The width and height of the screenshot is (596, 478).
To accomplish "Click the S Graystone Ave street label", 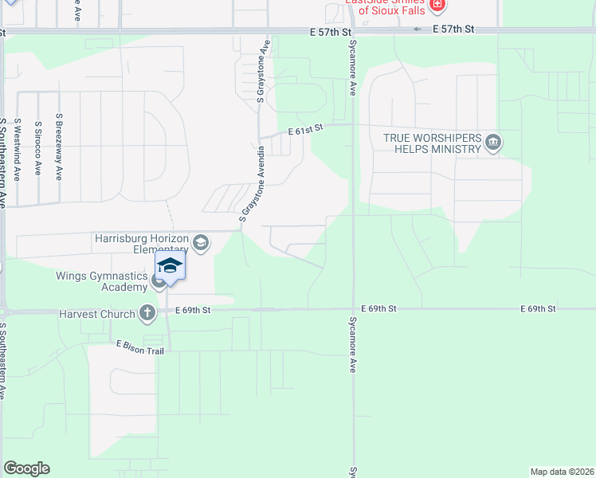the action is point(261,72).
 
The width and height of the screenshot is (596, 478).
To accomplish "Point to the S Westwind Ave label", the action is point(17,149).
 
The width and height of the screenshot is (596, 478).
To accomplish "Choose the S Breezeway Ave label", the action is point(59,146).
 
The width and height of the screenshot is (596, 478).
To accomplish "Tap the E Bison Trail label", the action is point(140,346).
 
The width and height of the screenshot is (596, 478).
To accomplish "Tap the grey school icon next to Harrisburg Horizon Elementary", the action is point(201,242).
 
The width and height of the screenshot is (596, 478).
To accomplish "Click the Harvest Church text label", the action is point(96,314).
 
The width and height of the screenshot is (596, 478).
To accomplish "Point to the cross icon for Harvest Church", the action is point(147,314).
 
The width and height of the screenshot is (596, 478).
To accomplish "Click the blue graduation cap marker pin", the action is point(170,265).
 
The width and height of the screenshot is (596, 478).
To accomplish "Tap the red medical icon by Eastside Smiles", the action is point(437,6).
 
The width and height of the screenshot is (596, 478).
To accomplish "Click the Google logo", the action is point(26,468).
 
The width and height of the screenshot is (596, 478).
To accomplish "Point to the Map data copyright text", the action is point(562,472).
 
